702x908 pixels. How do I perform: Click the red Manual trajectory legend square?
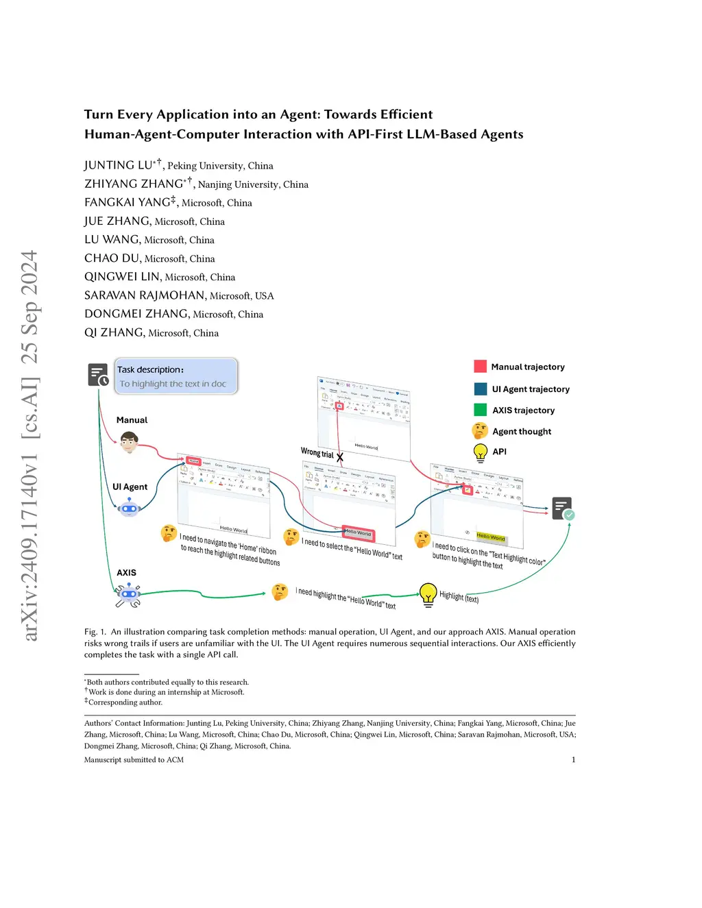pos(480,367)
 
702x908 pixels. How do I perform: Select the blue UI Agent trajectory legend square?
pos(480,389)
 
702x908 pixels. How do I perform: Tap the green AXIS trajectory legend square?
pos(480,410)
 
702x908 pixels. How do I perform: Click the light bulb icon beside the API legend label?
pos(480,452)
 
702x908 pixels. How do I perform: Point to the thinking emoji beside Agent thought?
pos(480,431)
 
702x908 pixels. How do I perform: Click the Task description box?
pos(176,376)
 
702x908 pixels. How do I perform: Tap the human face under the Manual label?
pos(129,442)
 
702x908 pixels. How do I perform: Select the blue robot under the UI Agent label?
pos(129,508)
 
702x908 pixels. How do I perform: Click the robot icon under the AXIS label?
pos(128,594)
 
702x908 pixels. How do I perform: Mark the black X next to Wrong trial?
pos(340,456)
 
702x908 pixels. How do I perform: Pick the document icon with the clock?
pos(98,375)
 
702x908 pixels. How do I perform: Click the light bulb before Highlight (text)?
pos(428,593)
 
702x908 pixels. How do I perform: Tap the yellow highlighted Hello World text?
pos(490,537)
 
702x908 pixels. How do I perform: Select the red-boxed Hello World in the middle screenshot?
pos(357,532)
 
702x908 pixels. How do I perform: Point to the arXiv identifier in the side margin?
pos(30,445)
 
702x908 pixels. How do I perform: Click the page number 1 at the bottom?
pos(573,759)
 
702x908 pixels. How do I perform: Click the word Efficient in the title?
pos(406,114)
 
